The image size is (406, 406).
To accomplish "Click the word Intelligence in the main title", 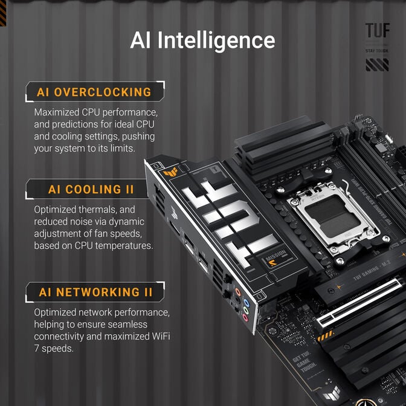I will click(216, 40).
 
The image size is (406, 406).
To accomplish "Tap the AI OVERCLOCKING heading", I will click(94, 92).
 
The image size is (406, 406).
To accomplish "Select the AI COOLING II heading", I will click(91, 190).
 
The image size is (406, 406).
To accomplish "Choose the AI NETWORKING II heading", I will click(95, 292).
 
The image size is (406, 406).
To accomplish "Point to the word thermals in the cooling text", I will click(100, 210).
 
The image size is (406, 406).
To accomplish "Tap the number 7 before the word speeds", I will click(37, 349).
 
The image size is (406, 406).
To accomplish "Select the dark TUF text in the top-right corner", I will click(377, 31).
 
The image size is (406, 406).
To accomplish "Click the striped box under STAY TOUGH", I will click(377, 65).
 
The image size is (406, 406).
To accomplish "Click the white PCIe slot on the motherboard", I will click(354, 305).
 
